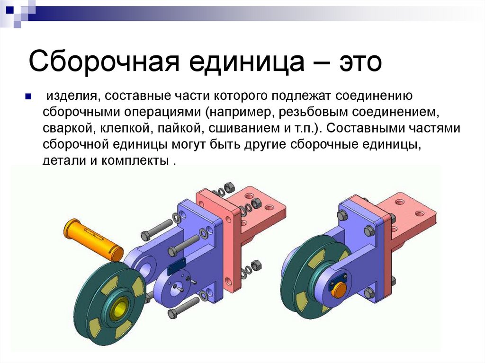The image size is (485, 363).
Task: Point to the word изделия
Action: [71, 97]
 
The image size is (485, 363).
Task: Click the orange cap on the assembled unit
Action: [338, 289]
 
